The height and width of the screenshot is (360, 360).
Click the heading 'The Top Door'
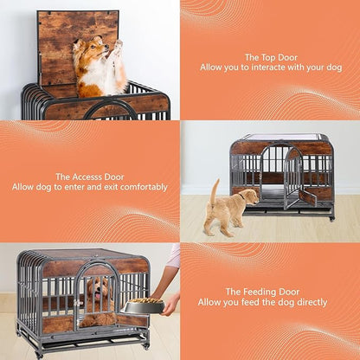point(269,57)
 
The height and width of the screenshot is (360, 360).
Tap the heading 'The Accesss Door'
point(90,176)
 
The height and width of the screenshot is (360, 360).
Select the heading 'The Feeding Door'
point(269,292)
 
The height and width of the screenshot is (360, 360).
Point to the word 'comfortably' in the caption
point(144,187)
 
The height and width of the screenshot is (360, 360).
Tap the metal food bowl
point(142,306)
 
